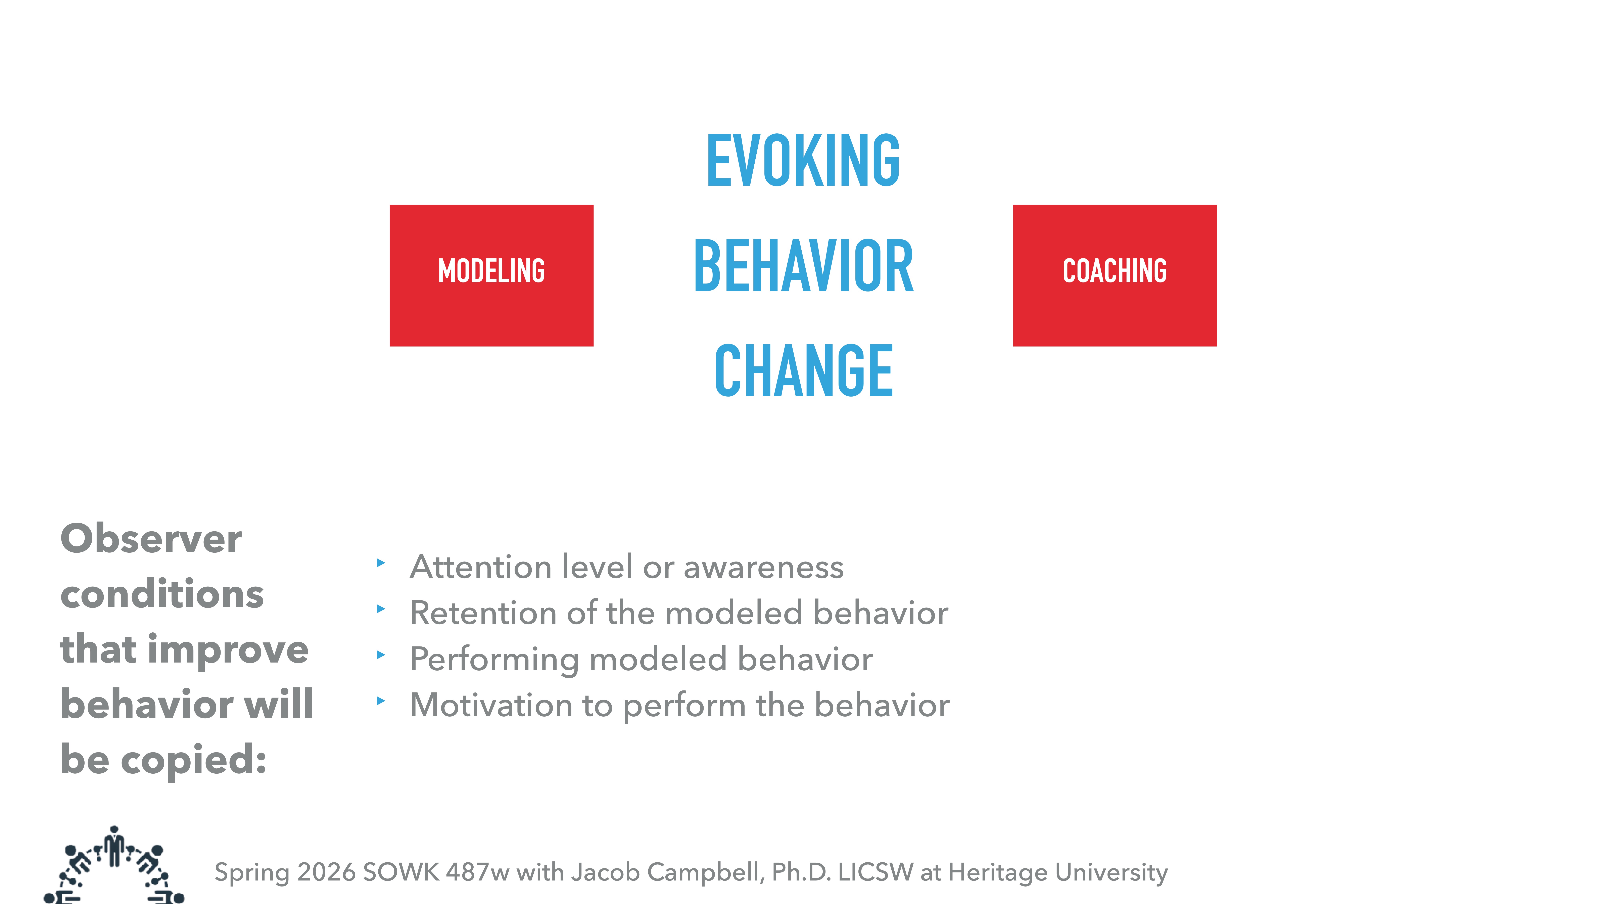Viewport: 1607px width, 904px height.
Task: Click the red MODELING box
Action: pyautogui.click(x=491, y=275)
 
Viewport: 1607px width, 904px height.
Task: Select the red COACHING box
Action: pyautogui.click(x=1114, y=275)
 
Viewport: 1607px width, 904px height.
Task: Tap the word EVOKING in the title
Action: pyautogui.click(x=803, y=161)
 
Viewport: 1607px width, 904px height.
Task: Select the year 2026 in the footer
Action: pyautogui.click(x=326, y=872)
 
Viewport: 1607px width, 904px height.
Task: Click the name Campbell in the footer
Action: pyautogui.click(x=706, y=872)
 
